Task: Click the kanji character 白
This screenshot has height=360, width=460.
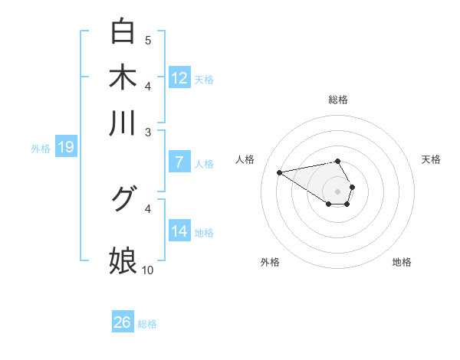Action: pyautogui.click(x=123, y=31)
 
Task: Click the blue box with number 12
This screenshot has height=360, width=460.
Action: pyautogui.click(x=179, y=78)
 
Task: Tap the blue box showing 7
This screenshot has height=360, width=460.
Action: pyautogui.click(x=179, y=162)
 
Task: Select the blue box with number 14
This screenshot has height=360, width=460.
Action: pyautogui.click(x=179, y=231)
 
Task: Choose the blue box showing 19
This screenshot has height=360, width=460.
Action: pyautogui.click(x=66, y=147)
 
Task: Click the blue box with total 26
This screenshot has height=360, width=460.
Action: pyautogui.click(x=123, y=322)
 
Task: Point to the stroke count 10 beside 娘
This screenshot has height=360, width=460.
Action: pyautogui.click(x=148, y=270)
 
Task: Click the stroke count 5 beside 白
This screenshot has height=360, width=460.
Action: pyautogui.click(x=148, y=40)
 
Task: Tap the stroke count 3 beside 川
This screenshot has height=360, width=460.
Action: pyautogui.click(x=148, y=133)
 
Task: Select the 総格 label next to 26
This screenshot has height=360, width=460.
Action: pyautogui.click(x=147, y=324)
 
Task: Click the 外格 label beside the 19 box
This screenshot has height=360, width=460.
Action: pyautogui.click(x=41, y=149)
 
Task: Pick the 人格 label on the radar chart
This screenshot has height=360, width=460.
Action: pyautogui.click(x=245, y=159)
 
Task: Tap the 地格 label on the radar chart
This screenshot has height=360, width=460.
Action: pyautogui.click(x=402, y=262)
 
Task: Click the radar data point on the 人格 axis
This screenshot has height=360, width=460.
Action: pyautogui.click(x=280, y=172)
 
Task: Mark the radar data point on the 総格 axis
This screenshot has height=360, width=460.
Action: pyautogui.click(x=337, y=161)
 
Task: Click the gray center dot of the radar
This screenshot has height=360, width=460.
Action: pyautogui.click(x=337, y=190)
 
